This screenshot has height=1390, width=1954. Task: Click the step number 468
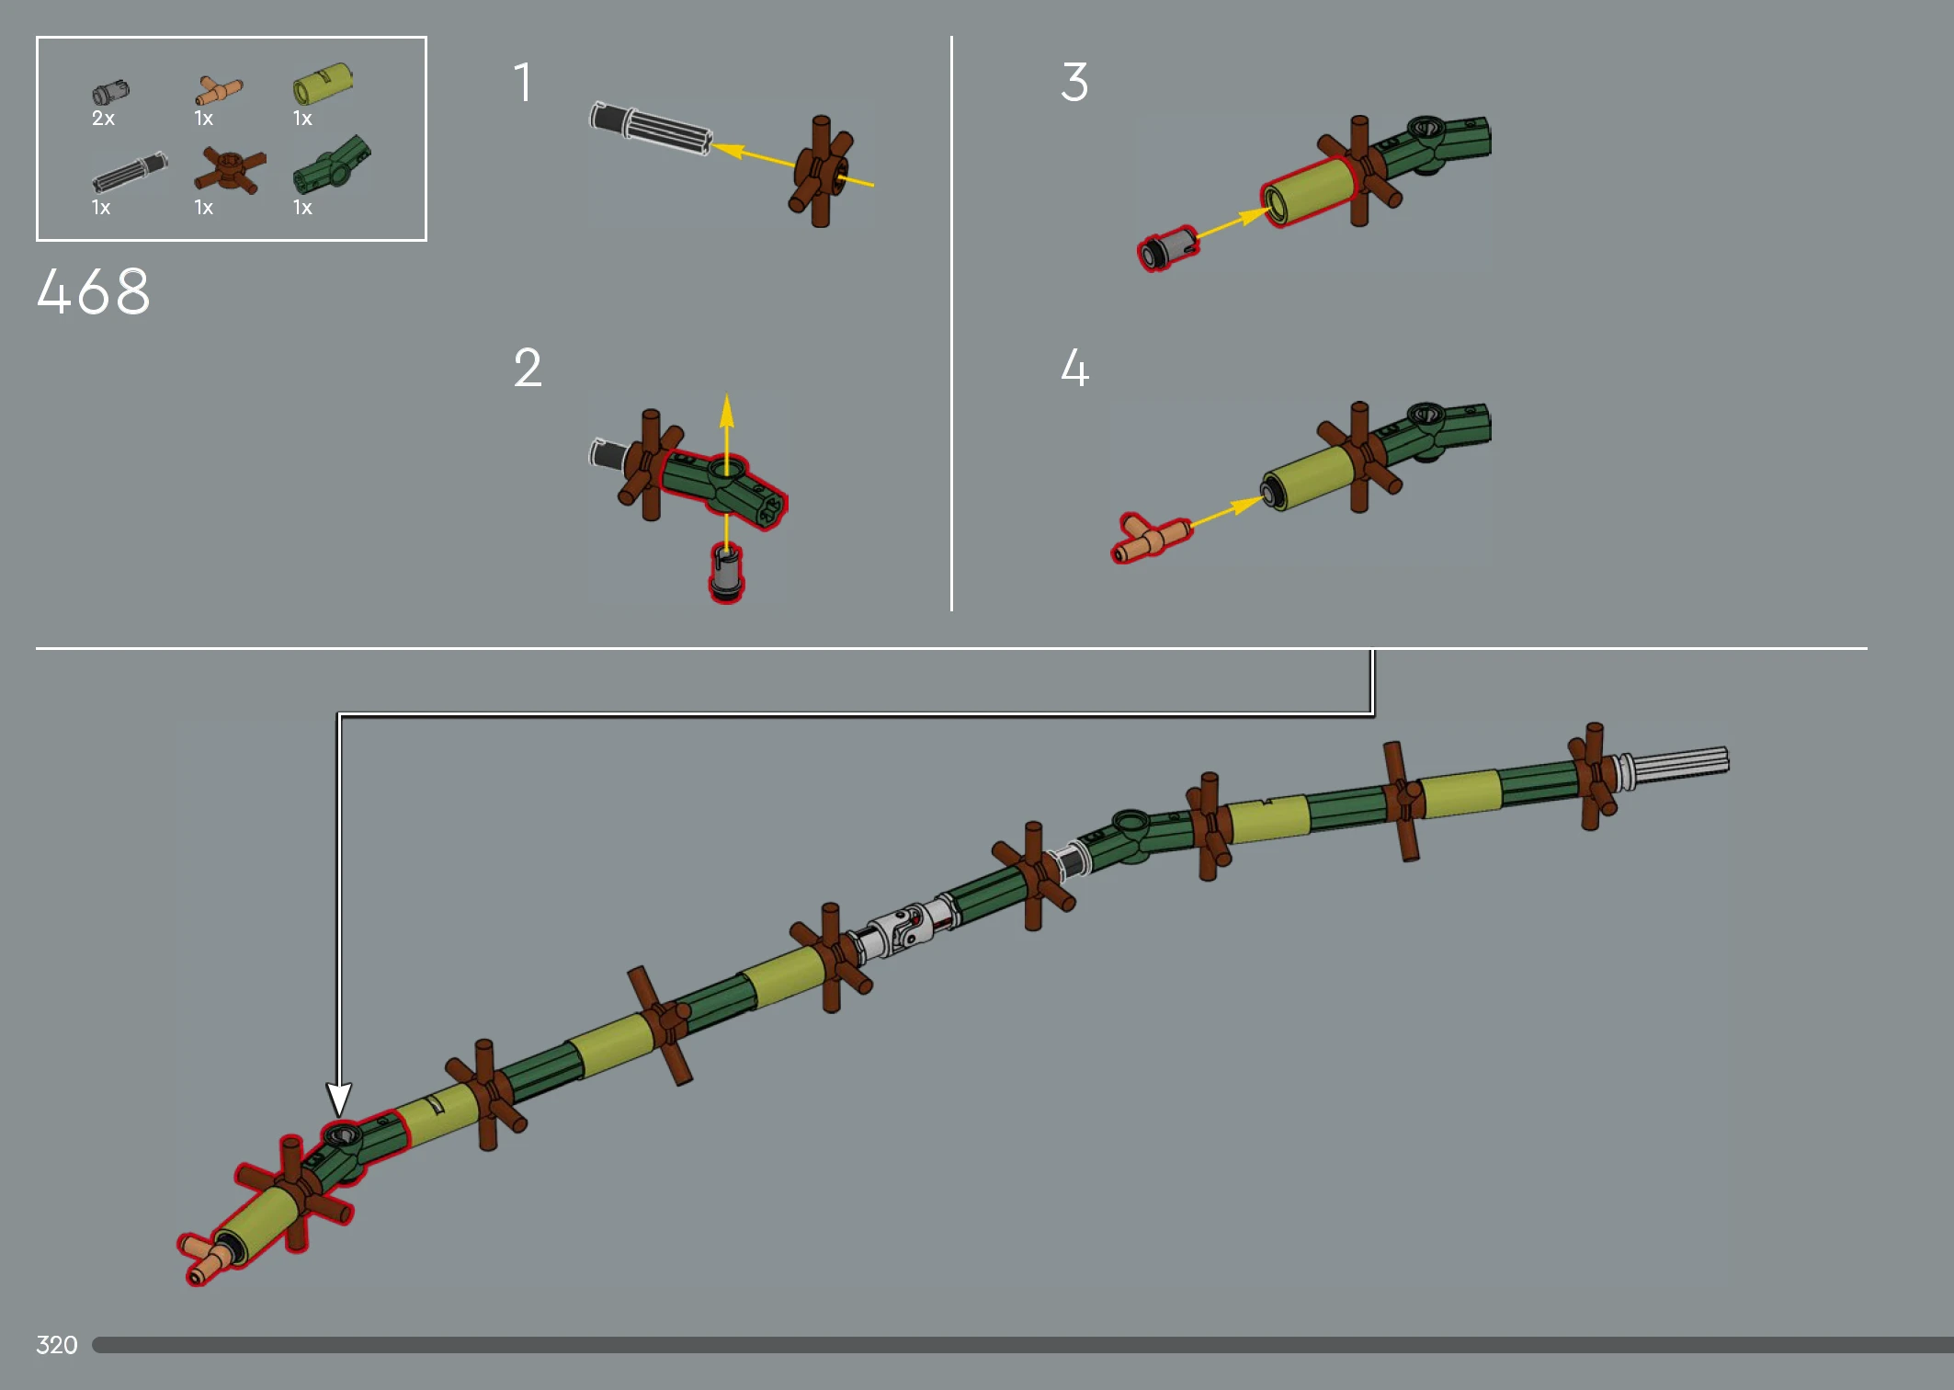(x=93, y=291)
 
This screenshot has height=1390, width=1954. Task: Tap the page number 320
(x=57, y=1345)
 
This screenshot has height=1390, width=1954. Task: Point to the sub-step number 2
(x=528, y=368)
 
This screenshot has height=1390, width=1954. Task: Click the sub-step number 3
(x=1074, y=82)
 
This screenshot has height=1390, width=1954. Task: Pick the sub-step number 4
(x=1074, y=368)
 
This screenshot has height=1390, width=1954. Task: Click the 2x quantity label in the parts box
(x=103, y=119)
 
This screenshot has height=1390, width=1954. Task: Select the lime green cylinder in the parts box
(x=323, y=84)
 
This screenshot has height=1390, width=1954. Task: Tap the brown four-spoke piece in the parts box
(x=230, y=171)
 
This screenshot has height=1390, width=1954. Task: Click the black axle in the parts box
(x=130, y=172)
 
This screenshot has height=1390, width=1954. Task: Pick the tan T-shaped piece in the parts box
(x=219, y=91)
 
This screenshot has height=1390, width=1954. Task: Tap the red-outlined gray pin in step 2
(x=726, y=572)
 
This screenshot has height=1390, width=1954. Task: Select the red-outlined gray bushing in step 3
(x=1167, y=248)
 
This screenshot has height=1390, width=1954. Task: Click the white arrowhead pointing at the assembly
(x=338, y=1099)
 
